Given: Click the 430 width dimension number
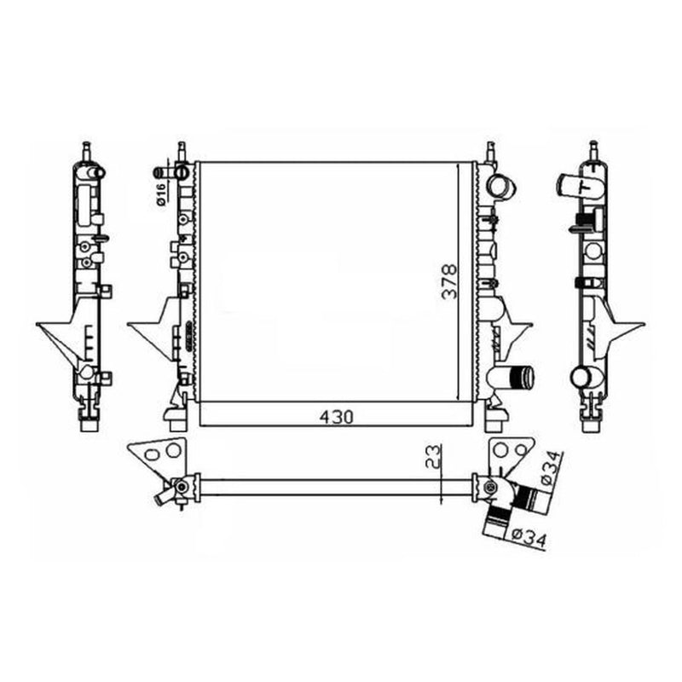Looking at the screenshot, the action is click(x=336, y=417).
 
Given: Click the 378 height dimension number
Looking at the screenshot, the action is click(x=450, y=281).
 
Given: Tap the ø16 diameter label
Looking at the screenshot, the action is click(x=160, y=194).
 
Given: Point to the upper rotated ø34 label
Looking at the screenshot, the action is click(x=552, y=468).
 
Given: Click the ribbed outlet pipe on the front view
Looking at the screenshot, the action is click(x=522, y=378).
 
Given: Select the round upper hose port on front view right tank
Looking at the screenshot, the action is click(x=501, y=187).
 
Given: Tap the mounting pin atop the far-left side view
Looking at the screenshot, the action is click(x=87, y=151).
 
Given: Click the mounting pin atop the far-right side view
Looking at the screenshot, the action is click(x=593, y=151).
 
